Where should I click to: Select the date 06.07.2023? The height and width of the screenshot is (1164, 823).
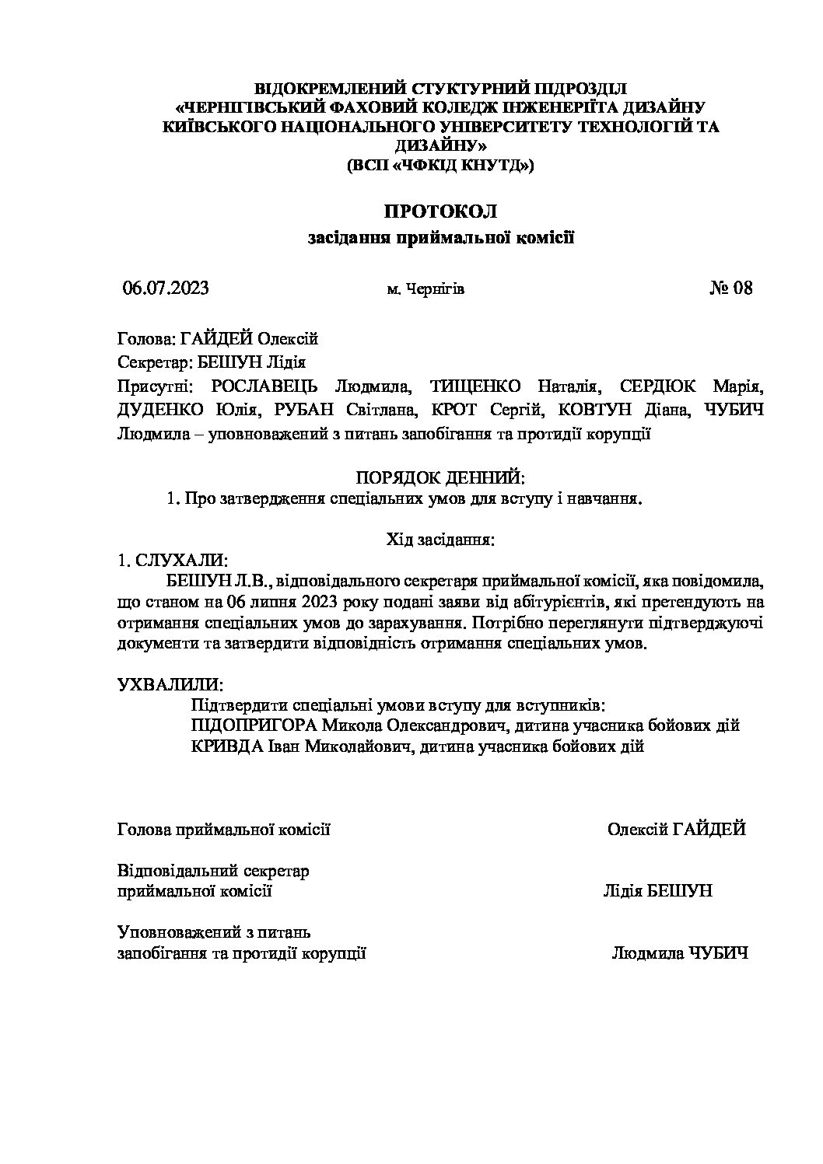pos(166,288)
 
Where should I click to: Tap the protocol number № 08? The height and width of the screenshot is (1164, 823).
pos(731,288)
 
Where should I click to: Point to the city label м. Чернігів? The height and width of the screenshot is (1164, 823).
pos(426,290)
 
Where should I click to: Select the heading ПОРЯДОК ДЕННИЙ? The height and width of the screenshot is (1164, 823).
pos(440,477)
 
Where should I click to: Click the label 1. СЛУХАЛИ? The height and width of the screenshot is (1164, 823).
pos(172,560)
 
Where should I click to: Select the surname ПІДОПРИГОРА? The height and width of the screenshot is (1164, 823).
pos(254,725)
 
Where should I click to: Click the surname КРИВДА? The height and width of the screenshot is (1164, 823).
pos(226,746)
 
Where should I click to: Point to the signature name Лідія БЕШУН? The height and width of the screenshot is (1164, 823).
pos(657,891)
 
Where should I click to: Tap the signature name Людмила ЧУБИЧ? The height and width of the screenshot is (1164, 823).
pos(680,953)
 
